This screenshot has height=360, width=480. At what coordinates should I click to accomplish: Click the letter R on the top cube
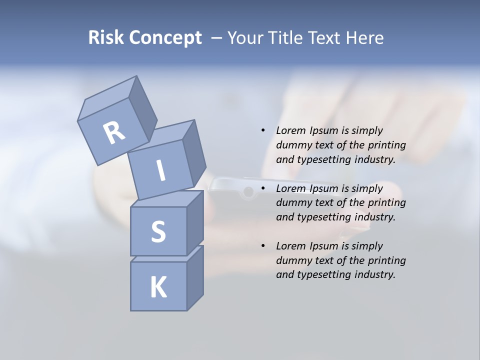pos(114,132)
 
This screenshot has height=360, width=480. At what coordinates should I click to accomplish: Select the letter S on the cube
pos(158,231)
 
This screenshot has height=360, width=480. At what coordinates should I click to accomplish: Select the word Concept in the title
pos(165,37)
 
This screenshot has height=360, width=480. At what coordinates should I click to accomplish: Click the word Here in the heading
pos(365,37)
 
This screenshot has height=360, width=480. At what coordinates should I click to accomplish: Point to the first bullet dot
pos(262,130)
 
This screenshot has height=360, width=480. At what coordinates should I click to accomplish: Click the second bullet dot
pos(262,188)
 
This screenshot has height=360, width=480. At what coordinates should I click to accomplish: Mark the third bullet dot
pos(262,246)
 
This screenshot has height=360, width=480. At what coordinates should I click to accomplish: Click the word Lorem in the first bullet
pos(290,130)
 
